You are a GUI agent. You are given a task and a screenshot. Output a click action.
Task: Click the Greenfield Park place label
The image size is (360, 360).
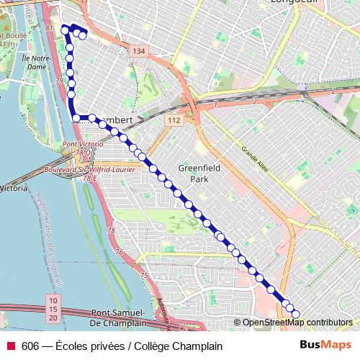coord(192,173)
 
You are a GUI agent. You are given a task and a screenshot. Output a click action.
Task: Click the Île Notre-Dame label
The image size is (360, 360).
coord(35,62)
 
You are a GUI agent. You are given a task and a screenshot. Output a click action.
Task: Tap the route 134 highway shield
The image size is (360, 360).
coord(138,50)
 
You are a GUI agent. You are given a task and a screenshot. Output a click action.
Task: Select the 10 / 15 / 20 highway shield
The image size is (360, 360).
coord(53,308)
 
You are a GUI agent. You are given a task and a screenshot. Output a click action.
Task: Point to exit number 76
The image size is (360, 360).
coord(119,252)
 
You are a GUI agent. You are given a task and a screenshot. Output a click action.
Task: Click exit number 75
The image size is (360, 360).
coord(144,276)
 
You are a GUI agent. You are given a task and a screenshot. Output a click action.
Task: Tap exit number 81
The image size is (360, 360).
coord(48,27)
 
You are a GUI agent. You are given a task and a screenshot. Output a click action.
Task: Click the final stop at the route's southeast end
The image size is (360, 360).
coord(294,312)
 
